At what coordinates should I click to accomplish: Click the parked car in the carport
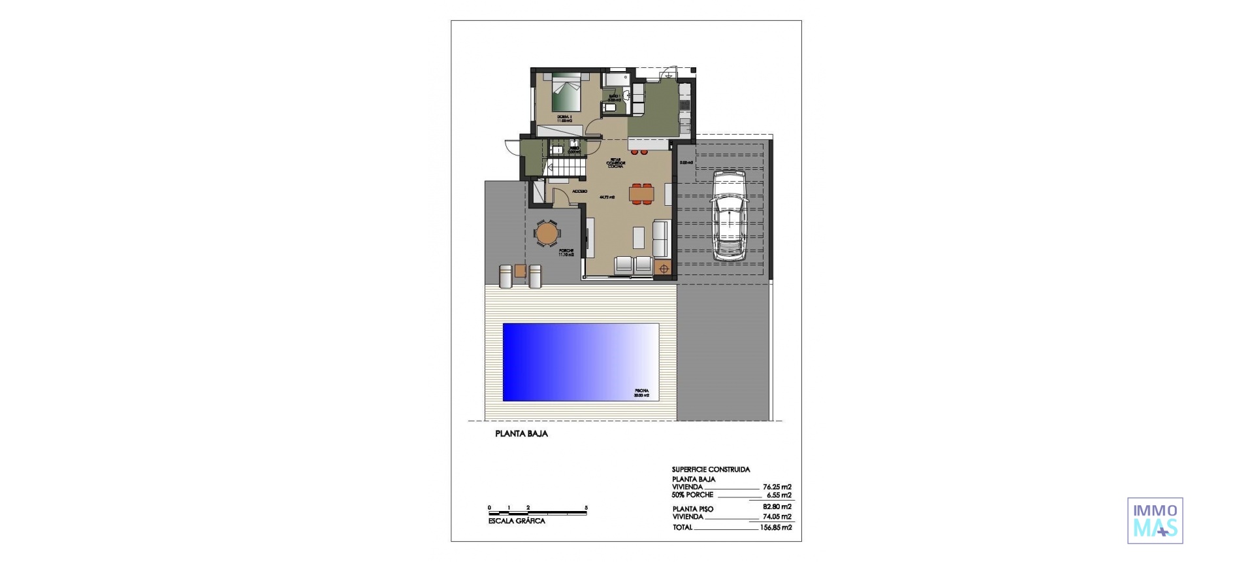pos(730,216)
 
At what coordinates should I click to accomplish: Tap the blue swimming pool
pos(580,362)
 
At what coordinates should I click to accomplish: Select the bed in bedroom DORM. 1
pos(109,93)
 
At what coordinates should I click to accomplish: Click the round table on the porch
pos(547,233)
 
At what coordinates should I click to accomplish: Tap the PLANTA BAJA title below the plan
pos(521,434)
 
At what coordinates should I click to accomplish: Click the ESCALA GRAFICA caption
pos(517,521)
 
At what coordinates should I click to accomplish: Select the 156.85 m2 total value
pos(776,527)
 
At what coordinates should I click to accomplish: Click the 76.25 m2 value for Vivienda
pos(777,487)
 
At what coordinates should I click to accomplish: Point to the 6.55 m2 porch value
pos(779,495)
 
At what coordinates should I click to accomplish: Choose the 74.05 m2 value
pos(777,517)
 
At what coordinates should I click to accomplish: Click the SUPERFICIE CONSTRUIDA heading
pos(711,469)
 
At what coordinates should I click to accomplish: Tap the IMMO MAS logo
pos(1155,520)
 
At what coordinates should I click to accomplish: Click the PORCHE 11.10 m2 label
pos(566,253)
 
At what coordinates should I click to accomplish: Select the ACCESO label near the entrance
pos(579,191)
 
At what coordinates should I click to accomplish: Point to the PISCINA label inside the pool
pos(641,393)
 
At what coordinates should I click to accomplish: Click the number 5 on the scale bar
pos(587,508)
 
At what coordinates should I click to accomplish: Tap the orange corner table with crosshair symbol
pos(664,268)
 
